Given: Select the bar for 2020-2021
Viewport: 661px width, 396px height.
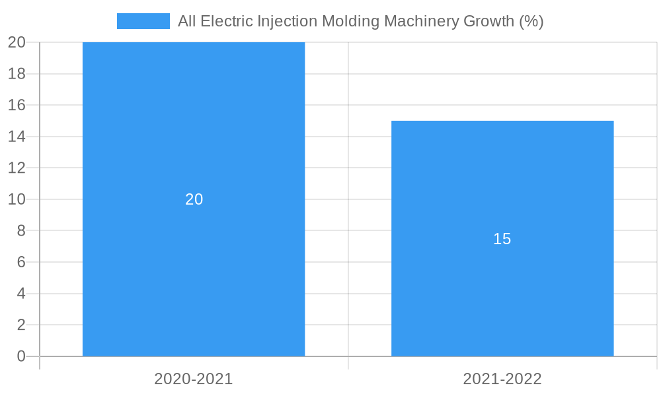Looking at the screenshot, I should [194, 132].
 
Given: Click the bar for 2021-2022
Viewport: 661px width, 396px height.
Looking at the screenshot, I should [502, 297].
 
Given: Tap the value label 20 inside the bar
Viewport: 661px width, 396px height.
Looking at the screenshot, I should [194, 199].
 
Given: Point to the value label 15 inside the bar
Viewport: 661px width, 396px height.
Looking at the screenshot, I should [502, 239].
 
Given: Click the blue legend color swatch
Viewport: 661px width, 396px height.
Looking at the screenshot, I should [143, 21].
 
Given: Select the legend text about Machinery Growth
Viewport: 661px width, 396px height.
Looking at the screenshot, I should [360, 21].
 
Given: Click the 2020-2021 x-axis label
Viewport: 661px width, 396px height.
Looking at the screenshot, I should [194, 379].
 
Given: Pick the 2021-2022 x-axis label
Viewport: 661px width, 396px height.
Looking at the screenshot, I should [502, 379].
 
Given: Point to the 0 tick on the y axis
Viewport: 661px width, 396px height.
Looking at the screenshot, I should [21, 356].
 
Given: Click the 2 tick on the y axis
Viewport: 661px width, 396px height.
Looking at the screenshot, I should [21, 325].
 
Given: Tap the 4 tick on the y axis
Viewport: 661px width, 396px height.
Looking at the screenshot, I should [21, 294].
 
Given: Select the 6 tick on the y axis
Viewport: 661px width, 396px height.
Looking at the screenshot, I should [21, 262].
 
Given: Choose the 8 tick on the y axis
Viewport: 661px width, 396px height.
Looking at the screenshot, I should [21, 230].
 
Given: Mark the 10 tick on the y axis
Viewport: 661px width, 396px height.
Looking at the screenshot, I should [17, 199].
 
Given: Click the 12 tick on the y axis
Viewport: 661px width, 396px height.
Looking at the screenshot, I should [17, 168].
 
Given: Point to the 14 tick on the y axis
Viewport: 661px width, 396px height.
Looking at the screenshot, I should [17, 137].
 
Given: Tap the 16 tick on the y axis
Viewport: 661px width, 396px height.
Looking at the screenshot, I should [17, 105].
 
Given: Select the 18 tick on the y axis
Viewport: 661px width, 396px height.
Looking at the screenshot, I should [17, 74].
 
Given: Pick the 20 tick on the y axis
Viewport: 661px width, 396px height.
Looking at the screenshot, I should [17, 42].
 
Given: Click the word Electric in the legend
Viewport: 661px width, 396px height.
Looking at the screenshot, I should [225, 21].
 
